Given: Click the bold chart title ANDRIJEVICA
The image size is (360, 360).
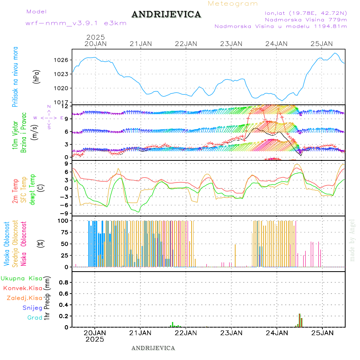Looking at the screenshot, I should (x=166, y=15).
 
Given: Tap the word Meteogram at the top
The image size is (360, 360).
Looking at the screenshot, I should (x=233, y=4).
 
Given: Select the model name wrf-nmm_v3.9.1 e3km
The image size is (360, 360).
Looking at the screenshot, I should (x=76, y=23).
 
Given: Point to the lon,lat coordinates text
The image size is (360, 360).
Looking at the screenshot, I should (x=303, y=13).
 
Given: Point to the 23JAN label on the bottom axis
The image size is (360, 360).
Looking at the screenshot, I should (x=231, y=332).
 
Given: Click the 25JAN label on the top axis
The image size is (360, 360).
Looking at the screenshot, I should (x=322, y=44).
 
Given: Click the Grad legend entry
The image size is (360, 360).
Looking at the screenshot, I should (x=35, y=318).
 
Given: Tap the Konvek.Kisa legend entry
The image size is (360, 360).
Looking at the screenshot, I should (x=22, y=288).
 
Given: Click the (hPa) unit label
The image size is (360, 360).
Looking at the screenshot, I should (x=37, y=76).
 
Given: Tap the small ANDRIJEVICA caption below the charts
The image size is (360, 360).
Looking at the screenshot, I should (x=153, y=348).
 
